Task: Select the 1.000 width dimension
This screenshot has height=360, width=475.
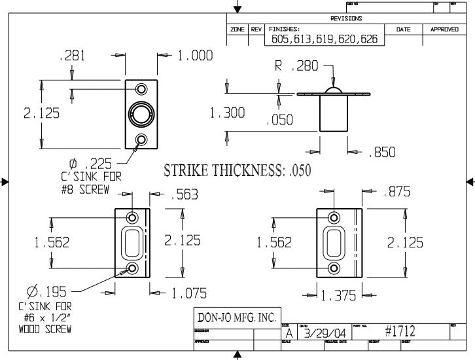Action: click(x=196, y=57)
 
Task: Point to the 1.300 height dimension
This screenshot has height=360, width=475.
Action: click(x=227, y=113)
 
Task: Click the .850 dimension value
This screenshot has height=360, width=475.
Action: click(x=382, y=153)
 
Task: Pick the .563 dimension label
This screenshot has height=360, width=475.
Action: click(x=184, y=194)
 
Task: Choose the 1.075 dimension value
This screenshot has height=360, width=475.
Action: click(x=189, y=294)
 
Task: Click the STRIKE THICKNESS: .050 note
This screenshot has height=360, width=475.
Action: click(x=237, y=171)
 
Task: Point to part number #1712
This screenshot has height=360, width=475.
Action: click(x=400, y=333)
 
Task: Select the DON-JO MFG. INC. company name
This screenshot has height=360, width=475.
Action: click(x=237, y=317)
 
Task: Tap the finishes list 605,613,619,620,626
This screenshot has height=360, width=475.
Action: click(x=325, y=39)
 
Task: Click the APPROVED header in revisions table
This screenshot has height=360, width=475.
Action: click(x=444, y=29)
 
